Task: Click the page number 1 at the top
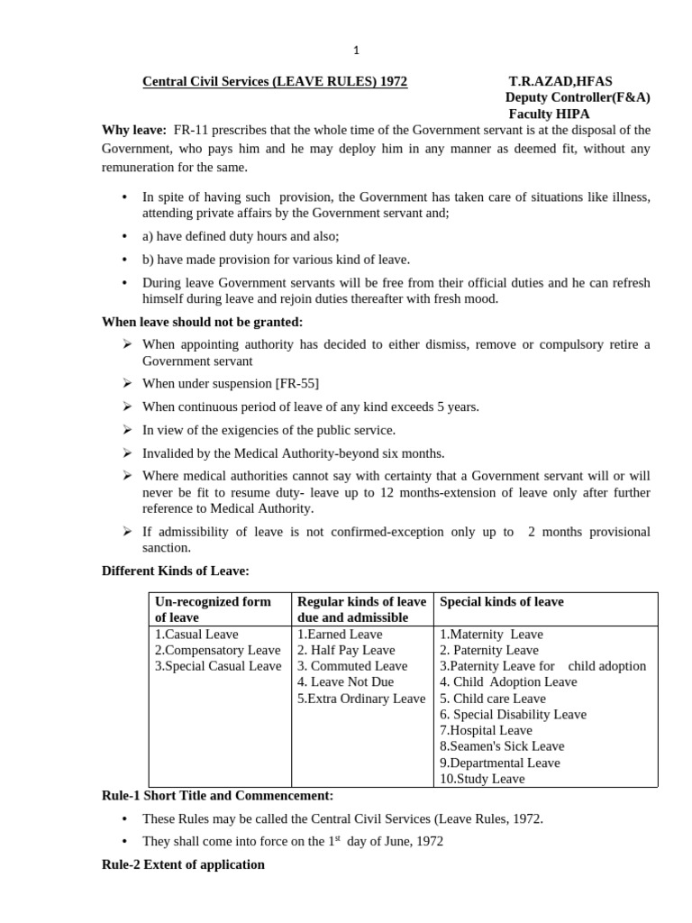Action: click(x=356, y=50)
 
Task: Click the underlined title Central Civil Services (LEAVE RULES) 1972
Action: click(x=275, y=82)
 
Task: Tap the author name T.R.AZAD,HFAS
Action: click(x=560, y=82)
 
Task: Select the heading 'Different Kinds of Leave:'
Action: click(x=175, y=571)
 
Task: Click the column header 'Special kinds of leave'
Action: click(x=502, y=601)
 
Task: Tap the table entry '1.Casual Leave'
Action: click(x=196, y=634)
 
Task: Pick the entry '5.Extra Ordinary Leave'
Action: click(x=360, y=699)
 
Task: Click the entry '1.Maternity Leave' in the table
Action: click(x=491, y=634)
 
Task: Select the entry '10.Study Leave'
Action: click(x=482, y=779)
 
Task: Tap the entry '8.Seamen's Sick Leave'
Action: click(x=502, y=746)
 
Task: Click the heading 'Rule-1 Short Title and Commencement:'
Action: click(x=217, y=796)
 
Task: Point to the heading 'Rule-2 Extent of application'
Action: click(x=183, y=864)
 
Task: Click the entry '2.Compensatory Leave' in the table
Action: click(x=217, y=650)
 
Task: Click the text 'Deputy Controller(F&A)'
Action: click(x=578, y=98)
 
